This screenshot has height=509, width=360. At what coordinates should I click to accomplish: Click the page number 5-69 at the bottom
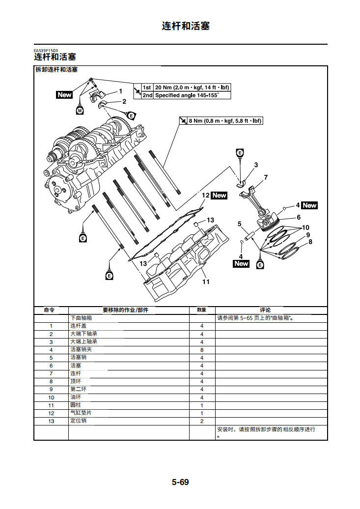point(180,482)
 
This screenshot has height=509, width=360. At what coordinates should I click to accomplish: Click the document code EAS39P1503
point(46,50)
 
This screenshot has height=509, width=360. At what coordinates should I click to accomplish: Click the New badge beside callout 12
point(219,196)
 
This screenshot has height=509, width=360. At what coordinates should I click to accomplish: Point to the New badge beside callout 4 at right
point(309,205)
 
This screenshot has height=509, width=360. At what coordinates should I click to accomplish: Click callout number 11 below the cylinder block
point(206,282)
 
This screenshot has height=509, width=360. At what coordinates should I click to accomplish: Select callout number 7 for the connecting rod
point(265,177)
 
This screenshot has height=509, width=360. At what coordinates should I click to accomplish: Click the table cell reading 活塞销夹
point(81,350)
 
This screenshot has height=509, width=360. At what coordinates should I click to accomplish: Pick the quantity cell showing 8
point(202,350)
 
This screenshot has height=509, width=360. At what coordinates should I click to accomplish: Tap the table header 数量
point(202,310)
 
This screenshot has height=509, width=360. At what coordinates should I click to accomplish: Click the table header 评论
point(265,310)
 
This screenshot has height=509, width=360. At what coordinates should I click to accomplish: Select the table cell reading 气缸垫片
point(81,413)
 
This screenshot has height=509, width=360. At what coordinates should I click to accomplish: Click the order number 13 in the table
point(51,421)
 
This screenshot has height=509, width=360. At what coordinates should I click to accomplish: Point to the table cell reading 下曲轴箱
point(81,318)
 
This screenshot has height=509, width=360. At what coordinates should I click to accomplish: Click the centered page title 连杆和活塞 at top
point(186,26)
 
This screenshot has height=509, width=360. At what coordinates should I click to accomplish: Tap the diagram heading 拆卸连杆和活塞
point(56,70)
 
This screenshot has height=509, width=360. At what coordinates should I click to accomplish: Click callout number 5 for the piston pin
point(240,224)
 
